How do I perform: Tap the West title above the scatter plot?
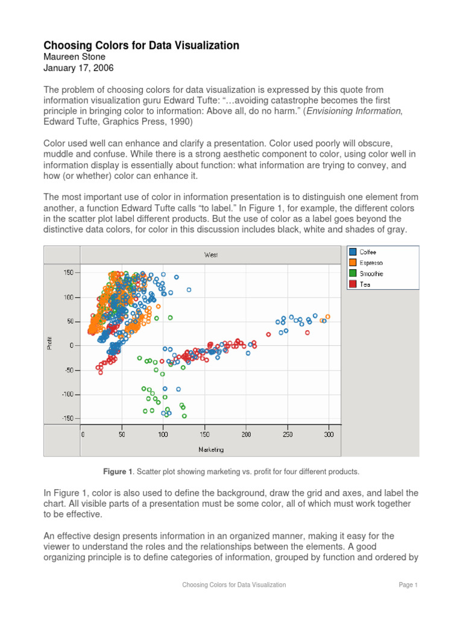click(211, 255)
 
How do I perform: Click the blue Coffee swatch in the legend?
click(353, 252)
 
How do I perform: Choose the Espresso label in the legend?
click(371, 263)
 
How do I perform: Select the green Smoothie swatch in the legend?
click(353, 274)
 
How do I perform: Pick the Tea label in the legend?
click(365, 284)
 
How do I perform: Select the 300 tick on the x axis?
click(329, 434)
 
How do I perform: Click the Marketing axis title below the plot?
click(211, 449)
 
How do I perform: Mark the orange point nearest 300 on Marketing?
click(328, 316)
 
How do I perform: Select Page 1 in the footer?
click(408, 584)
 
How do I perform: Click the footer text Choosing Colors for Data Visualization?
click(234, 584)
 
